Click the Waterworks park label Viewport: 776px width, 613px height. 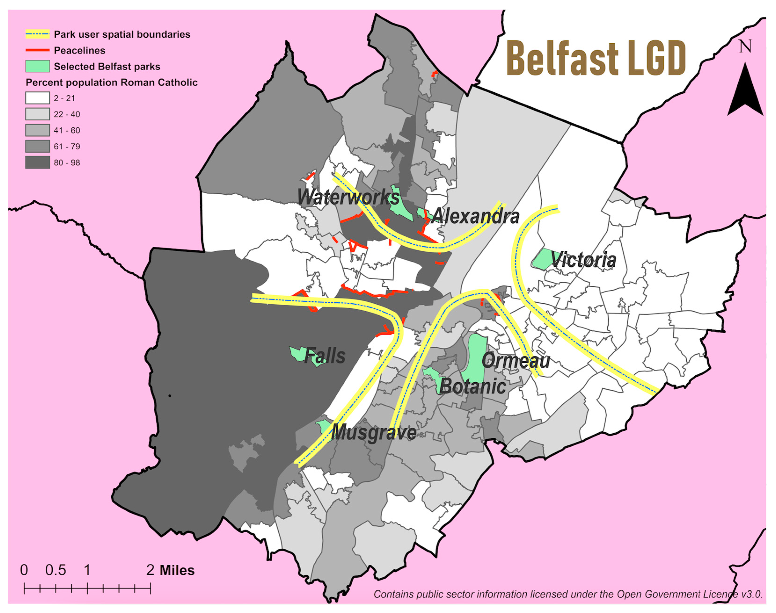[x=348, y=197]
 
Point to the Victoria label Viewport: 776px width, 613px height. [x=583, y=260]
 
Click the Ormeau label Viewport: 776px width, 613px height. [x=516, y=360]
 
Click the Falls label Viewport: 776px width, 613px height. [x=325, y=356]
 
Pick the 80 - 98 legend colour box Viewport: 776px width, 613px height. [x=37, y=162]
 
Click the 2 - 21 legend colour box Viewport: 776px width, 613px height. [x=37, y=98]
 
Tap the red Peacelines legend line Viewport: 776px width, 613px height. [x=37, y=50]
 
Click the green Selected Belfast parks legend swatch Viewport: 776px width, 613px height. [x=37, y=66]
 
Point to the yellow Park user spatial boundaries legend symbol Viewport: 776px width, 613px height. [x=37, y=34]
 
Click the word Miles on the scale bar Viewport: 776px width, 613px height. [x=177, y=570]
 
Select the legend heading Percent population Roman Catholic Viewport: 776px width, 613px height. [x=112, y=83]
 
